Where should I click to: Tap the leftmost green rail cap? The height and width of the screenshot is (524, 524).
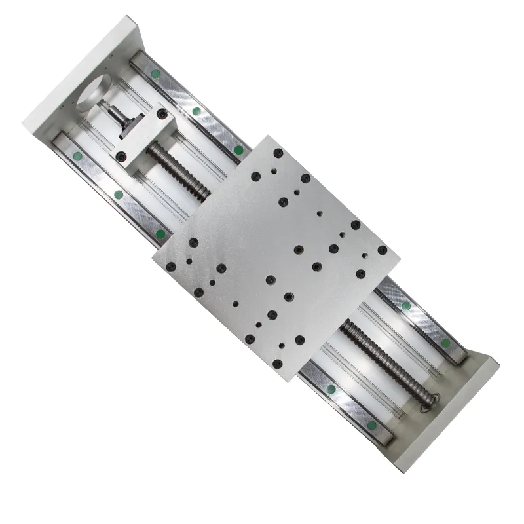[x=78, y=156]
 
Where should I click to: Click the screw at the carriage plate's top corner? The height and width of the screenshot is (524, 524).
[x=278, y=152]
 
